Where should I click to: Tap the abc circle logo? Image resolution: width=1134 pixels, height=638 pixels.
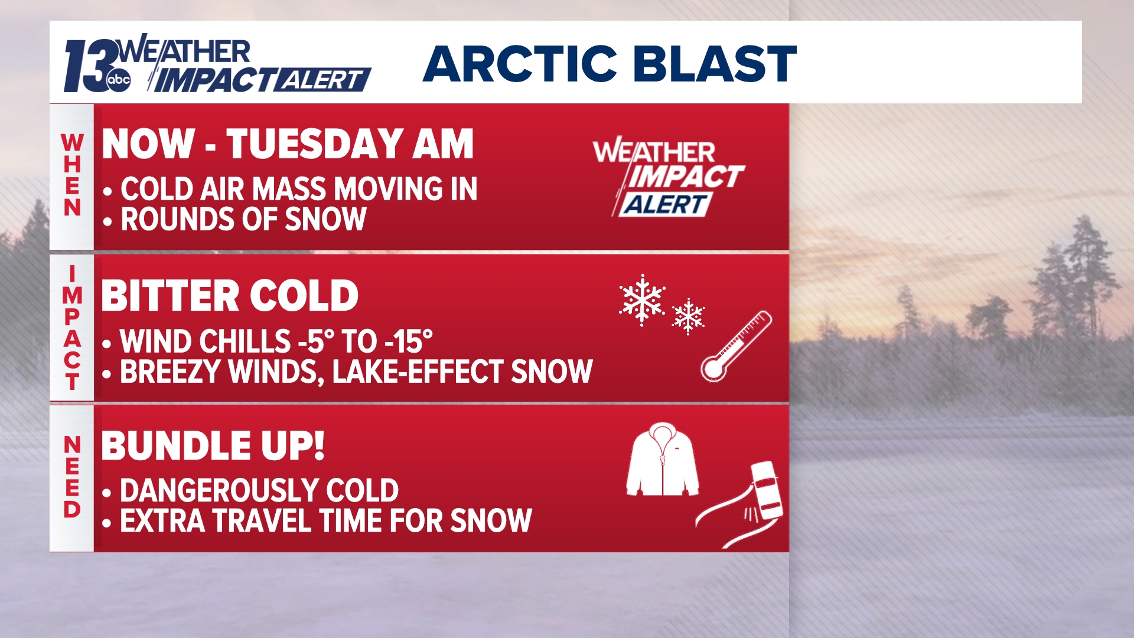click(119, 80)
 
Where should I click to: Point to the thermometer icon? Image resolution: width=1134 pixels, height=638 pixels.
click(736, 346)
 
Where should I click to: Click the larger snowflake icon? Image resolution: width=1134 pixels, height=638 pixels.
click(642, 300)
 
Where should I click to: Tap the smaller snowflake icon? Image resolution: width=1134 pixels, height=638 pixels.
click(688, 316)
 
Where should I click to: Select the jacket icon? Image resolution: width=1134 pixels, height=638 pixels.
click(662, 459)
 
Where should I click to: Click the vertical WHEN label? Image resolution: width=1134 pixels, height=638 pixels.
click(72, 175)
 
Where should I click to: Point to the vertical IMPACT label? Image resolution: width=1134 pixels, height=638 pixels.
click(72, 328)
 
